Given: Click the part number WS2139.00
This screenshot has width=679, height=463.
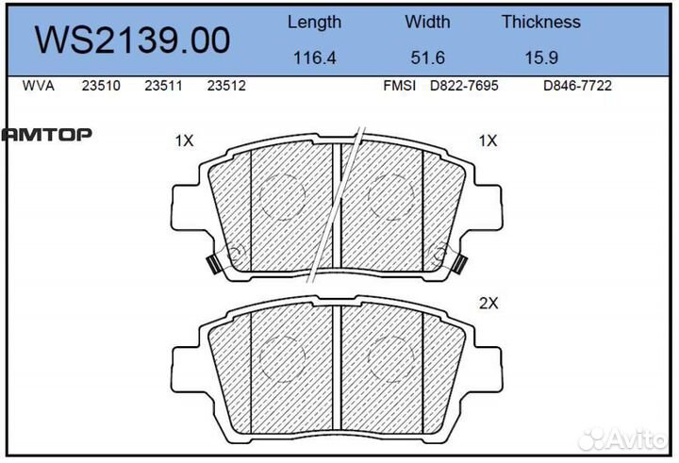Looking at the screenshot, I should (x=132, y=40).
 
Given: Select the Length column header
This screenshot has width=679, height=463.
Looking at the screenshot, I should (x=314, y=22).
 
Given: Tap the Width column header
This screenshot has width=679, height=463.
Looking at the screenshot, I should (x=428, y=22).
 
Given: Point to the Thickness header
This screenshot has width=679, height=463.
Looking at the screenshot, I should (x=540, y=22).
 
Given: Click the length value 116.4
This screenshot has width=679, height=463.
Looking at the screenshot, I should (x=314, y=58).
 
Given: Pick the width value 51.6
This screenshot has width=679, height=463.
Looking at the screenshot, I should (x=428, y=58).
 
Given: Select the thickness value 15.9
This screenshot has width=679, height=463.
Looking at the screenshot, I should (x=540, y=58).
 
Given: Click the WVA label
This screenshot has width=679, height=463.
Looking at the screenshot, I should (x=38, y=86).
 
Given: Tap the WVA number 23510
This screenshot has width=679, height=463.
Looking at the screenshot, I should (x=99, y=86).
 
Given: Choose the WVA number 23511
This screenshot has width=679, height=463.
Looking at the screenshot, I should (x=162, y=86).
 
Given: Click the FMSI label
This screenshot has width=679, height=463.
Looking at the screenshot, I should (x=398, y=86).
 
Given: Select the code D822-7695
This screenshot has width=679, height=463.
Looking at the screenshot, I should (x=464, y=86).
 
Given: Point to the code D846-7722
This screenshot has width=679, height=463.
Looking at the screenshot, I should (x=578, y=86).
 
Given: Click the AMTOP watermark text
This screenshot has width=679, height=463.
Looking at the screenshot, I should (x=46, y=135).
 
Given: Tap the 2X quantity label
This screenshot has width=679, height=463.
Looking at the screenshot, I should (x=488, y=305).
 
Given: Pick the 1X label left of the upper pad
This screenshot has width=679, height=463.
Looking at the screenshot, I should (x=184, y=141).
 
